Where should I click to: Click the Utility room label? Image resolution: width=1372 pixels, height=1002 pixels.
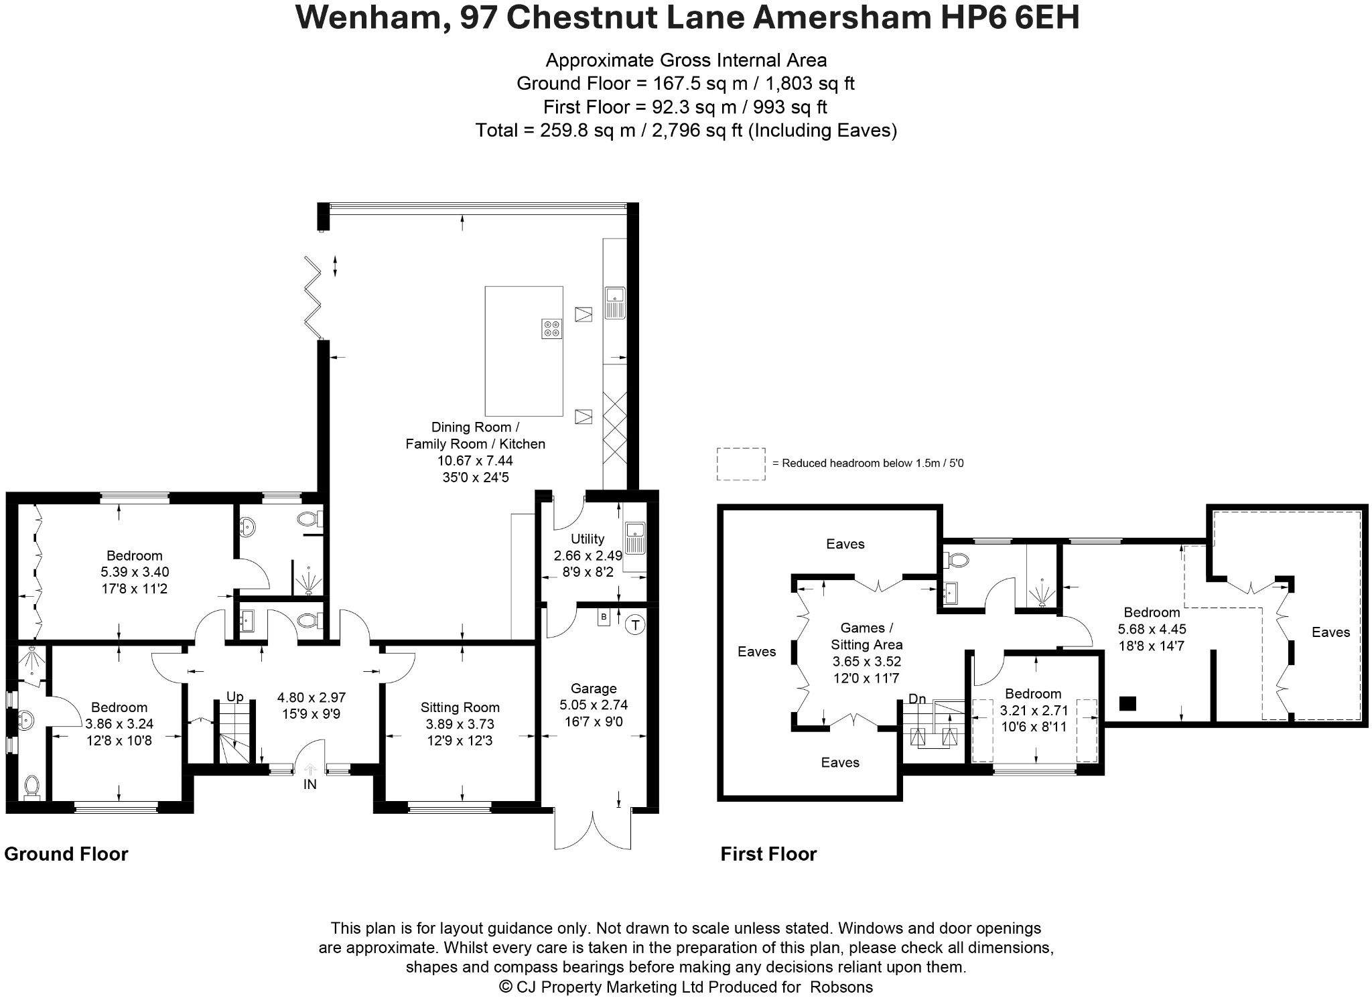click(588, 539)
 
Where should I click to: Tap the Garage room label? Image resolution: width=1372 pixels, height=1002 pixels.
click(594, 688)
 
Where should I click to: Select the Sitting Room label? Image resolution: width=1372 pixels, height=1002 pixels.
click(460, 707)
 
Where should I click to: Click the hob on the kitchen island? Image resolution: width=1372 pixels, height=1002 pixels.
click(552, 328)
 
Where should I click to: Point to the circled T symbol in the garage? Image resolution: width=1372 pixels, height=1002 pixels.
click(634, 626)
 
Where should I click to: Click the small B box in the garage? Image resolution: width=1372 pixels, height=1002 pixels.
click(604, 616)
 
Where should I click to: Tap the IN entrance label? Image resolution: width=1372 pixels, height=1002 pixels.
click(310, 784)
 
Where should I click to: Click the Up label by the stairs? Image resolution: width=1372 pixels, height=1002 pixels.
click(234, 697)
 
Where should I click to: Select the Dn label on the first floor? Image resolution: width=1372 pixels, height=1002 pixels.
click(917, 699)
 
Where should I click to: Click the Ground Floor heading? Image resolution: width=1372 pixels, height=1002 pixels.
click(66, 854)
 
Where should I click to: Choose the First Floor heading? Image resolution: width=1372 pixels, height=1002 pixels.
click(768, 854)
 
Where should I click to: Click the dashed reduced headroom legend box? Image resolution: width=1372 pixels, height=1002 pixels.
click(741, 463)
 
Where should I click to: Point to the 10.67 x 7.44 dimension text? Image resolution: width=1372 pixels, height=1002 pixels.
click(475, 460)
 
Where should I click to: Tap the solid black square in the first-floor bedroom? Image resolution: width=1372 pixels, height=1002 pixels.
click(1128, 703)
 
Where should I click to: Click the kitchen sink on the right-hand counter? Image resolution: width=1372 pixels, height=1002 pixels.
click(614, 302)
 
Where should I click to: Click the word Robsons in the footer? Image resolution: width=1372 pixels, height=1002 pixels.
click(841, 987)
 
